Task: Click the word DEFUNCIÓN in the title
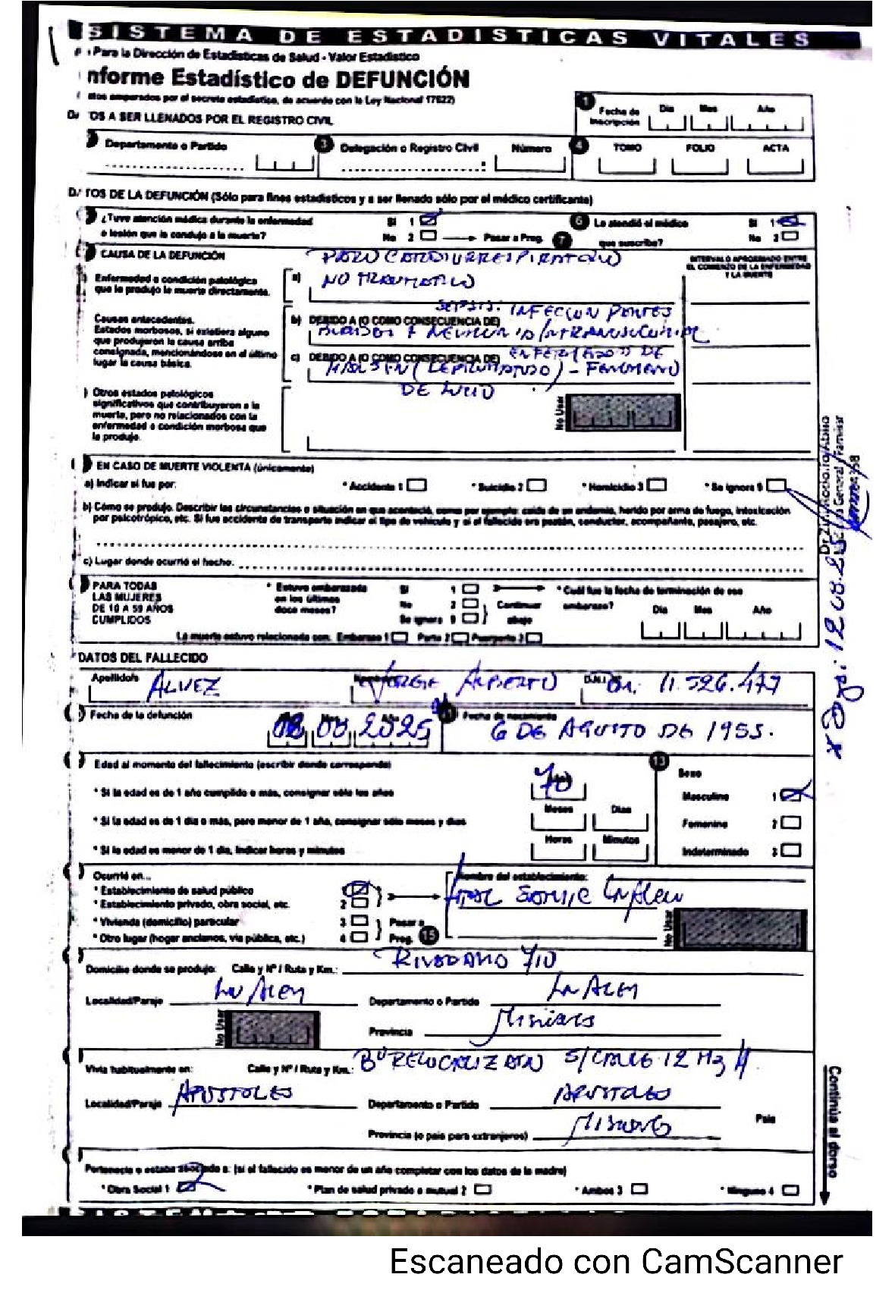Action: (x=402, y=79)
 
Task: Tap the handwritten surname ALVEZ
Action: (x=184, y=687)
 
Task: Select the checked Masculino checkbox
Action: (x=791, y=795)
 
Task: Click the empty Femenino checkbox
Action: (x=791, y=823)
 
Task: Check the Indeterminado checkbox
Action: (x=791, y=850)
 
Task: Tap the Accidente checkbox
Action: (x=417, y=485)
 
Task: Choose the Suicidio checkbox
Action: (x=537, y=485)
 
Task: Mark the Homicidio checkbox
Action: (x=657, y=485)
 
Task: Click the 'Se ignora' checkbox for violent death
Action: (x=777, y=485)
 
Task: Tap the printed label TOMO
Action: (x=627, y=148)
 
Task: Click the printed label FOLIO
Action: (x=699, y=148)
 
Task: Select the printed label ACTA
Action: (x=775, y=148)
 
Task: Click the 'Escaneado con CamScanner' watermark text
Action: (x=615, y=1262)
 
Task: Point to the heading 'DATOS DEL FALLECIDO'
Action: (x=143, y=657)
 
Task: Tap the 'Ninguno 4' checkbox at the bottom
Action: (x=790, y=1190)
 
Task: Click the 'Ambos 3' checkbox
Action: (x=639, y=1189)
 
